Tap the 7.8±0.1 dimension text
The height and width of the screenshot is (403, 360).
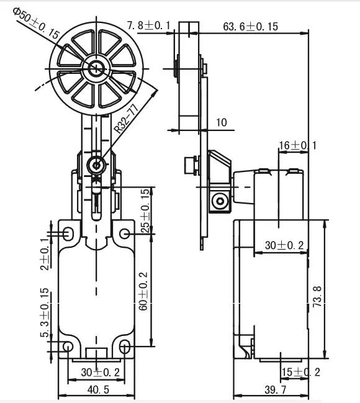pos(149,25)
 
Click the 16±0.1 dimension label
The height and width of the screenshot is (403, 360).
pos(297,145)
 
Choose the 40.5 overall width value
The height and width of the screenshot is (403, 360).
pos(96,390)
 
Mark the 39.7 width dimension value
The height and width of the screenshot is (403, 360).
pos(272,390)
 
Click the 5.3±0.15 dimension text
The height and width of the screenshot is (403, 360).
pos(44,313)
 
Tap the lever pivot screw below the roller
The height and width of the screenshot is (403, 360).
pos(96,165)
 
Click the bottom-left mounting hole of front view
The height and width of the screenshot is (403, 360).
pos(68,346)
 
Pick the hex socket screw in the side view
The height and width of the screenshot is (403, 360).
pos(218,201)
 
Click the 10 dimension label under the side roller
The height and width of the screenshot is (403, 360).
pos(221,123)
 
